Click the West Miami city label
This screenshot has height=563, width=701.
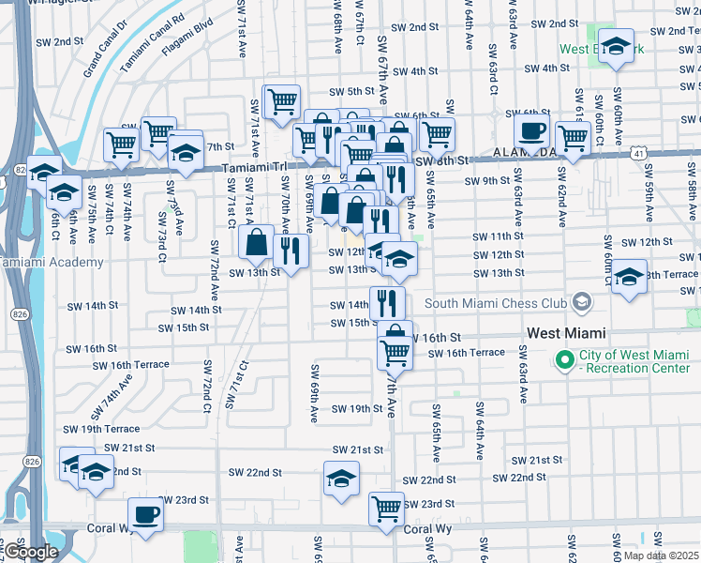566,333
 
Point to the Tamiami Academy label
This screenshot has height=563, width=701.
52,262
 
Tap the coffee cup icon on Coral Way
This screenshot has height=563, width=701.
145,513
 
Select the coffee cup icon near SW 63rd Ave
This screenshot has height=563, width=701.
530,131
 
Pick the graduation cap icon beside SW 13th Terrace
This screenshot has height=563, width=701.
629,276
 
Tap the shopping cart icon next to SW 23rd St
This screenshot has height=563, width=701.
386,508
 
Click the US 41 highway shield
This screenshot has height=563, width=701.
637,150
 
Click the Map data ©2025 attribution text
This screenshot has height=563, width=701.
661,555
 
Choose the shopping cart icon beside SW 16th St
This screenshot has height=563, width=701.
395,352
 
